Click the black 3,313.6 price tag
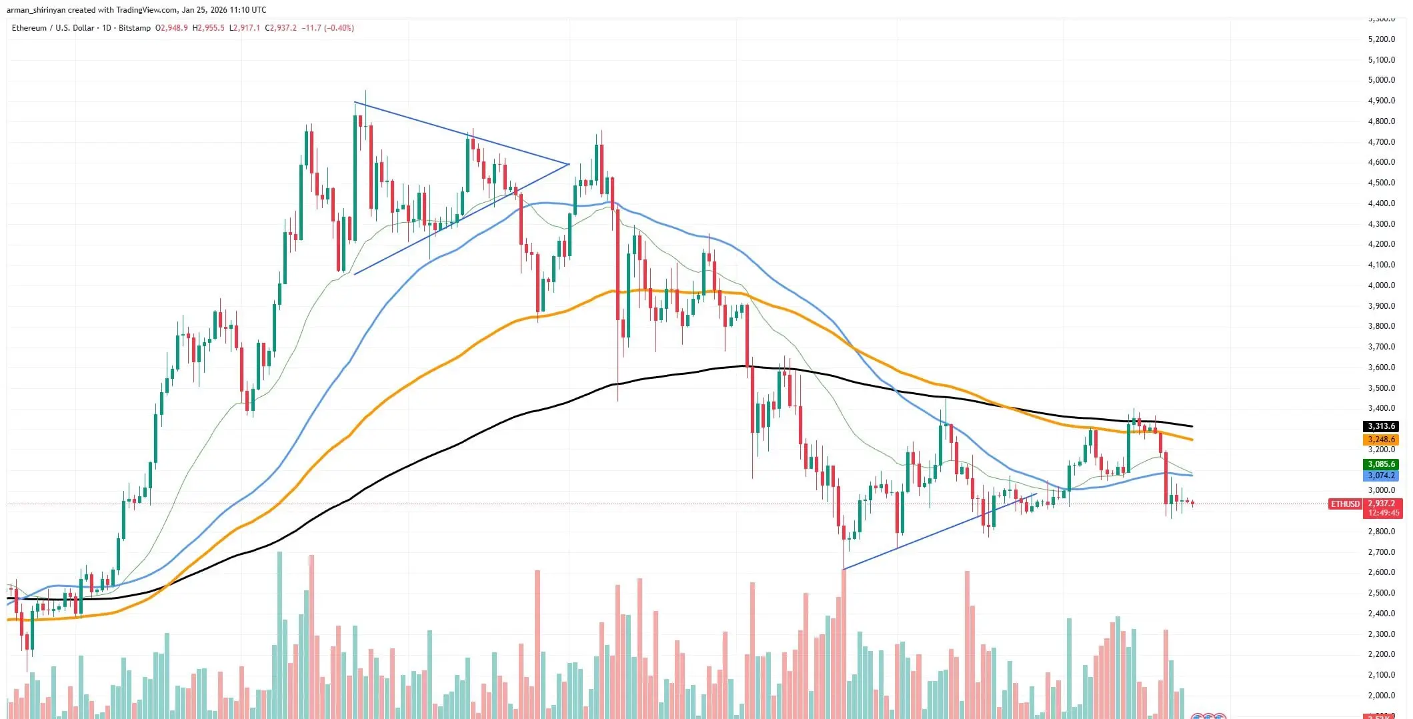[x=1381, y=426]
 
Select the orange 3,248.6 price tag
[x=1381, y=440]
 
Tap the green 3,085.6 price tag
[x=1381, y=464]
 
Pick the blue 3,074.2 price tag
[x=1381, y=476]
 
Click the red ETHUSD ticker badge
[x=1345, y=504]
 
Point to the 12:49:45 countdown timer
[x=1384, y=513]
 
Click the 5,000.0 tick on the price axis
[x=1381, y=80]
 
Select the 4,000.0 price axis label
[x=1381, y=285]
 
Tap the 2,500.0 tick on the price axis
[x=1381, y=593]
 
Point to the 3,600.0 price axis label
[x=1381, y=368]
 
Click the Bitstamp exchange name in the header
[x=135, y=28]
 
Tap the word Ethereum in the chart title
[x=29, y=28]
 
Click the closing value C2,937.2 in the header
[x=281, y=28]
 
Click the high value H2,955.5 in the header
[x=209, y=28]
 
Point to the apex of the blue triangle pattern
[x=568, y=164]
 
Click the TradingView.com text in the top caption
[x=145, y=10]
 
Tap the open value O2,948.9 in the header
[x=171, y=28]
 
